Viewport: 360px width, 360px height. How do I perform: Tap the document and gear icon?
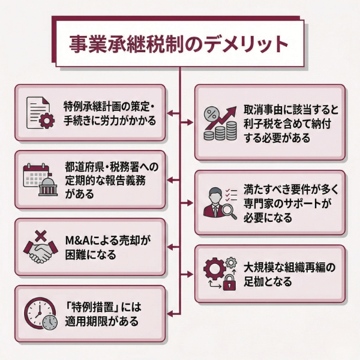tap(40, 112)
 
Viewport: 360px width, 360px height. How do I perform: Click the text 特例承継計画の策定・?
tap(109, 106)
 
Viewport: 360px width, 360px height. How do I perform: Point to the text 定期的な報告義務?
tap(106, 179)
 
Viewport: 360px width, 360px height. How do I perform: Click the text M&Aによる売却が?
tap(107, 241)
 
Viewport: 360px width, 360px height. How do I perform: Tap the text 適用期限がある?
tap(102, 321)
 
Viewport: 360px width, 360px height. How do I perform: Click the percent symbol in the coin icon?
tap(211, 113)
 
